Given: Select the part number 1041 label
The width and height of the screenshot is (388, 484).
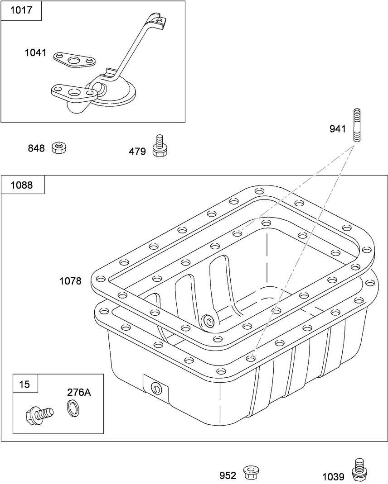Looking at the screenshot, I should coord(35,53).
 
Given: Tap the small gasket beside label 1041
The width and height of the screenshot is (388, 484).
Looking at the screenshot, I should coord(74,59).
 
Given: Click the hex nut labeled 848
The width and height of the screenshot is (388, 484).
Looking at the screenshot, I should coord(59,147).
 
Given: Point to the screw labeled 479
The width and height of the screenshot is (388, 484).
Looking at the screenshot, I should coord(159,146).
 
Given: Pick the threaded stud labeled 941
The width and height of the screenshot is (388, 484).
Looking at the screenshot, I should coord(356,125).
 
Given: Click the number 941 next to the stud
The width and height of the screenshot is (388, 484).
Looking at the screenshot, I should coord(338,129).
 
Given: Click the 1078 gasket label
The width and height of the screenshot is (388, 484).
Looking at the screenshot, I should coord(70,281).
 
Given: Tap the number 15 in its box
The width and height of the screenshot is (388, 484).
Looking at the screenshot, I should coord(24,384).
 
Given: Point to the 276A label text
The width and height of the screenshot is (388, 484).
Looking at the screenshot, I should coord(79,392).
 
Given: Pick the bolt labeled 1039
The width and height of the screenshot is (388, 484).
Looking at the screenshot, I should coord(359,470).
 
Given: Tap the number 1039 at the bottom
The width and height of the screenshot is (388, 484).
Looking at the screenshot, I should coord(333,477).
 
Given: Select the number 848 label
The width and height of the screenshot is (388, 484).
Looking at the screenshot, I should coord(36,148).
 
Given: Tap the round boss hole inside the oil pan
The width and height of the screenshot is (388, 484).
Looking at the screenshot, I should coord(209,322).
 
